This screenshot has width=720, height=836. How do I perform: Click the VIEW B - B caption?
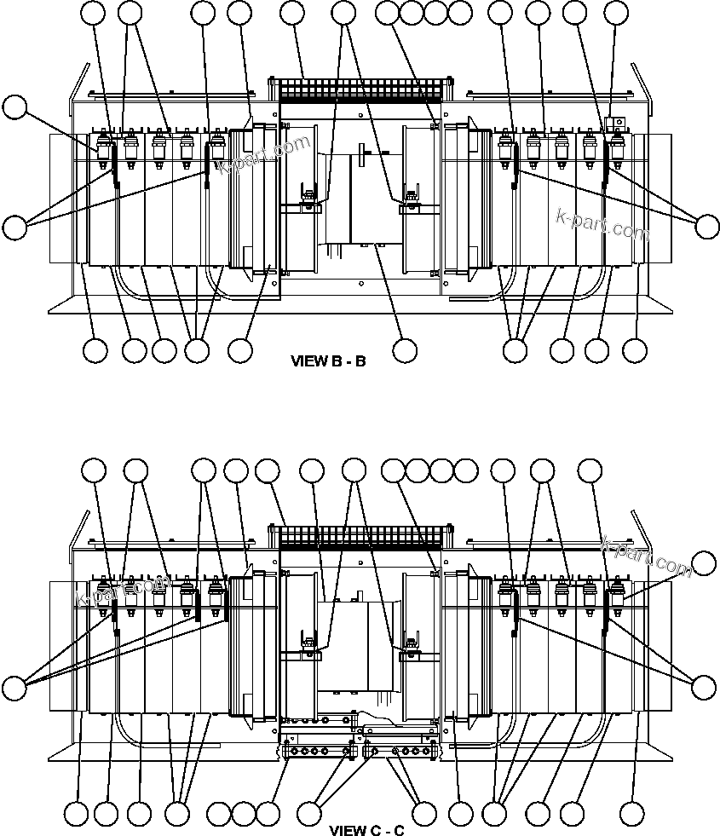pos(328,361)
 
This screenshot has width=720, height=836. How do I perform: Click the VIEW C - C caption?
pos(366,830)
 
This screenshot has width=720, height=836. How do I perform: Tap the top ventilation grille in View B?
pos(358,90)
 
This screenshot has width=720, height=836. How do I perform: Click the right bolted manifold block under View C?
pos(400,752)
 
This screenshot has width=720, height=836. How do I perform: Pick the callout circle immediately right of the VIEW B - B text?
pos(405,349)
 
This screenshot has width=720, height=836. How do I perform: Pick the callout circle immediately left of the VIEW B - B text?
pos(241,349)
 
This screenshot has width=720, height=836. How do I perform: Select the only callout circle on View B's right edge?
pos(708,226)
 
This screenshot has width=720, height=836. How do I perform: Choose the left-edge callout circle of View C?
pos(14,687)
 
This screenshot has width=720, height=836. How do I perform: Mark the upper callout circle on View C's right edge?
pos(705,563)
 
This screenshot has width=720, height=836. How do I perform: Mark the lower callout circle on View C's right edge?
pos(705,687)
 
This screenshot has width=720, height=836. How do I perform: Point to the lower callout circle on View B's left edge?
pos(14,227)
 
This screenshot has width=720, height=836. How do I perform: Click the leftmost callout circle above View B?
pos(94,12)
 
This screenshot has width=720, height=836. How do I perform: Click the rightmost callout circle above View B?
pos(616,12)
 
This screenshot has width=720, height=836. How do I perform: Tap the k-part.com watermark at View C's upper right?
pos(647,555)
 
